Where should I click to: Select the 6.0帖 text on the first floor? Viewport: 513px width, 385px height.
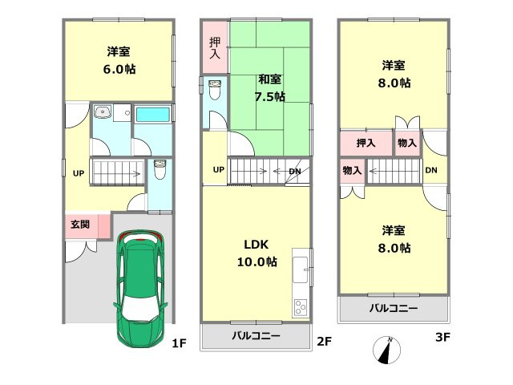point(119,70)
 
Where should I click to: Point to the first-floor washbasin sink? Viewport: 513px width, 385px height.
point(103,113)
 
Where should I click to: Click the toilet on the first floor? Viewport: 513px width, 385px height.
point(159,171)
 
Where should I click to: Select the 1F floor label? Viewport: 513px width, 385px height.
point(179,342)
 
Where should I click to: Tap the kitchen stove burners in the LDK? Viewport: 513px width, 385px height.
point(301,306)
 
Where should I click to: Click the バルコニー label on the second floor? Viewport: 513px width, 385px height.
point(256,336)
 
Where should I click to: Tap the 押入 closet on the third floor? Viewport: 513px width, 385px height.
point(366,144)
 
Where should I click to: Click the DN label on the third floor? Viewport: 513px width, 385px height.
point(431,171)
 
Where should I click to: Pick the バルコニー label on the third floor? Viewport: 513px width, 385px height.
point(393,308)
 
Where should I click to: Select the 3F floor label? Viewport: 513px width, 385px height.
point(442,338)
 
